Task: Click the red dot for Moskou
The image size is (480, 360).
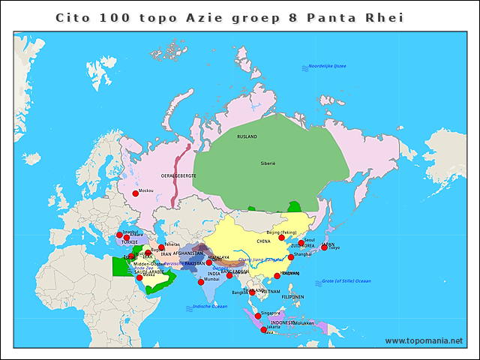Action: [x=135, y=193]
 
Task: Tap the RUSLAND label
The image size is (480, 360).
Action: [x=247, y=136]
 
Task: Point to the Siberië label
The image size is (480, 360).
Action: [x=268, y=163]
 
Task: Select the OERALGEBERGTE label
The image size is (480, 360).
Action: [x=173, y=175]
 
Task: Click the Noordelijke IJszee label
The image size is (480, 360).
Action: [x=328, y=67]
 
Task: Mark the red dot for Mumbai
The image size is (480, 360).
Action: [x=200, y=282]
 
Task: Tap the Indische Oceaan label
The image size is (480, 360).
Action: [x=210, y=306]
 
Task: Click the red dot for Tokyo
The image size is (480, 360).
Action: [x=324, y=248]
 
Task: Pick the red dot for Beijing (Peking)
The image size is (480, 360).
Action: [x=282, y=238]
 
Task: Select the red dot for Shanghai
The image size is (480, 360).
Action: [x=291, y=257]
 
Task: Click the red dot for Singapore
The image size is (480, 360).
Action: [x=258, y=316]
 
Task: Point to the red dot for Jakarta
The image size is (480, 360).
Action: [x=263, y=330]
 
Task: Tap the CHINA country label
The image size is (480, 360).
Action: [x=263, y=242]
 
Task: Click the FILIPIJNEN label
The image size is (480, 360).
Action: [x=292, y=298]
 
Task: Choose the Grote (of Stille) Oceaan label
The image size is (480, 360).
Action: [x=346, y=281]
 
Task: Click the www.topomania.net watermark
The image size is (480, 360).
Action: [x=424, y=340]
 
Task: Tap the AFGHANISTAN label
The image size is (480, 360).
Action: [x=188, y=253]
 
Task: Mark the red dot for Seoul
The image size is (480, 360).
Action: [x=301, y=243]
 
